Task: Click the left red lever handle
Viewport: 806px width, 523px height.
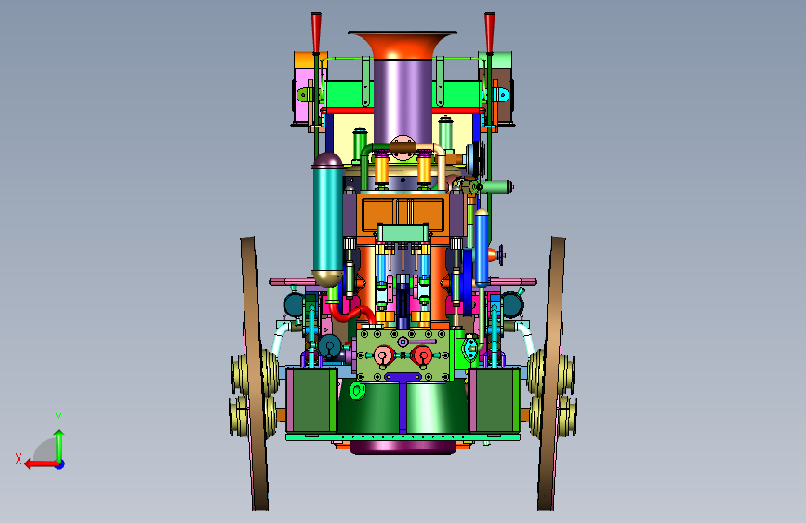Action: (x=316, y=33)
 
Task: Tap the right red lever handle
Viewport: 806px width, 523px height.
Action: (x=490, y=33)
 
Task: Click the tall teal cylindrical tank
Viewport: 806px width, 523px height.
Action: (x=328, y=220)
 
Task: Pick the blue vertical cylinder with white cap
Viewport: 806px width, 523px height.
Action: (x=482, y=248)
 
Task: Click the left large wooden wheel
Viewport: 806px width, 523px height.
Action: (x=255, y=373)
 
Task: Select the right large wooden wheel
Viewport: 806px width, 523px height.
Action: (x=551, y=373)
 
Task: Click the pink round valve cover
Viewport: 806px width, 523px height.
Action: (x=382, y=355)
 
